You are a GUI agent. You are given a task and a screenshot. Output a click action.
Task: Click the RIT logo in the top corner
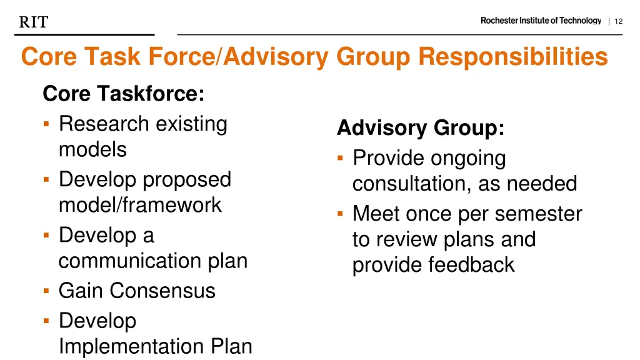coord(34,22)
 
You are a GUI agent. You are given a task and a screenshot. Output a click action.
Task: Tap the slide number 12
coord(619,21)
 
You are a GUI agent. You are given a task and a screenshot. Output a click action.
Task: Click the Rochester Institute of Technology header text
coord(540,21)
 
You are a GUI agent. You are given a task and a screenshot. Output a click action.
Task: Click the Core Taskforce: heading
coord(123,94)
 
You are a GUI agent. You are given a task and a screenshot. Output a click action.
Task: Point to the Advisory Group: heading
coord(421,128)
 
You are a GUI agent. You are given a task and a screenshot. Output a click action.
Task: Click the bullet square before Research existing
coord(47,124)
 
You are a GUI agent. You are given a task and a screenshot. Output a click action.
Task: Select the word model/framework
coord(140,205)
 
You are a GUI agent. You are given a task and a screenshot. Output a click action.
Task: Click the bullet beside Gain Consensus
coord(47,291)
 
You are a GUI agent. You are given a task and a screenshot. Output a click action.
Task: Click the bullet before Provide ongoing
coord(341,158)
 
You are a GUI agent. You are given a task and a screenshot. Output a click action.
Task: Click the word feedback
coord(471,265)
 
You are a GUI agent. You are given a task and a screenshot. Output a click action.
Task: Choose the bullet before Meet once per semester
coord(341,214)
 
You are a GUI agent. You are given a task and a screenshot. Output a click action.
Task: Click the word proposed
coord(187,180)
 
